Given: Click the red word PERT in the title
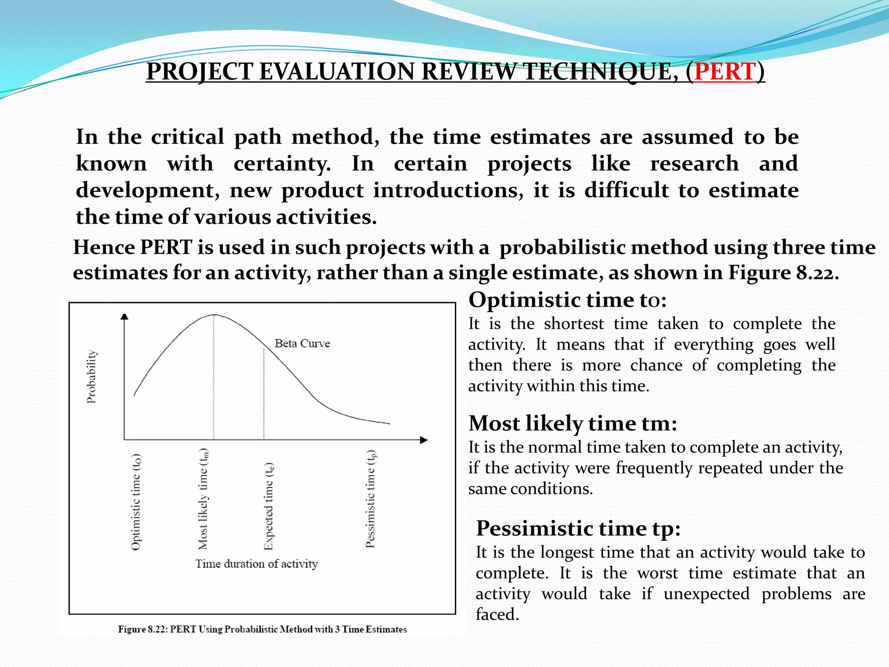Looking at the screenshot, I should [x=725, y=72].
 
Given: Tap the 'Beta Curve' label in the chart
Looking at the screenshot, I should [x=302, y=343].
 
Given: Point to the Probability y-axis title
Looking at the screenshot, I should [x=92, y=376].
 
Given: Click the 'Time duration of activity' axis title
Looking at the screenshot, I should [x=256, y=564].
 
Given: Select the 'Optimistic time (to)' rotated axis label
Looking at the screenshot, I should [x=136, y=502].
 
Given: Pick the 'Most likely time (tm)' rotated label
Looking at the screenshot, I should [x=203, y=499].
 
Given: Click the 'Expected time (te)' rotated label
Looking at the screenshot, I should [x=269, y=506].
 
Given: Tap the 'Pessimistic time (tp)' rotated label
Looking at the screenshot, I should [x=370, y=499].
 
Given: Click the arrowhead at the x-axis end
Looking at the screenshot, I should [x=424, y=440].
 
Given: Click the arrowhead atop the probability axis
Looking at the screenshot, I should [x=125, y=317].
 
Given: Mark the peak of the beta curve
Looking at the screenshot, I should [x=214, y=315].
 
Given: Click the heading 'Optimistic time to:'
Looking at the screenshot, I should [x=567, y=300].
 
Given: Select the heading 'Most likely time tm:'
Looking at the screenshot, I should [x=573, y=423].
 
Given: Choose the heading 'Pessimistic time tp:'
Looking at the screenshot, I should [x=578, y=528].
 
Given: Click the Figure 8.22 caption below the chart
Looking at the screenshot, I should [x=262, y=629].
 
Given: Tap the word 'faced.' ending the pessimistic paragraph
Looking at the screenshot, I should [x=497, y=614].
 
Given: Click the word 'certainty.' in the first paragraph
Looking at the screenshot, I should [x=282, y=164].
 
